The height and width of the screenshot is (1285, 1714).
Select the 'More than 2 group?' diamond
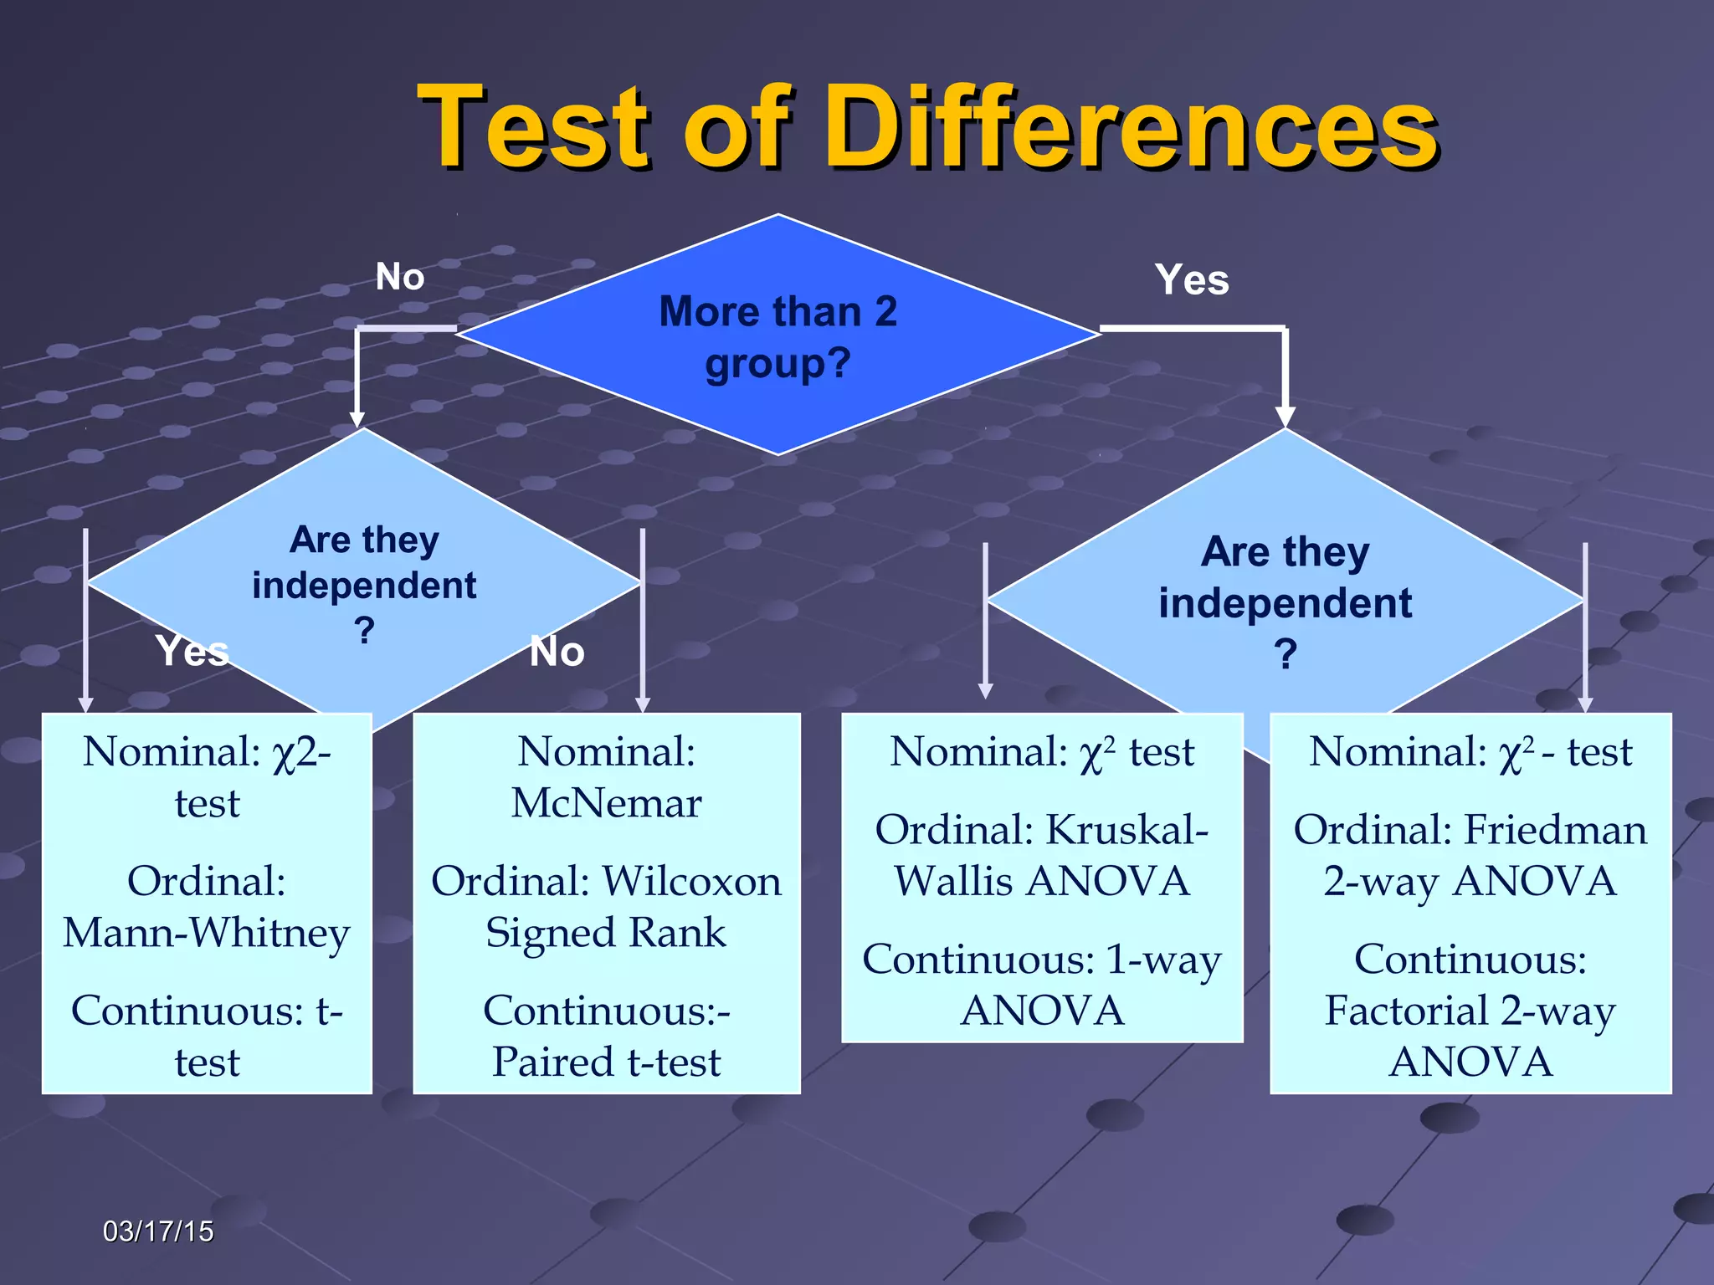(777, 335)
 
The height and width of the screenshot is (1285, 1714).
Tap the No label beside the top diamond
(400, 277)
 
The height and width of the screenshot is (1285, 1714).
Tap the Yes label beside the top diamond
(1192, 279)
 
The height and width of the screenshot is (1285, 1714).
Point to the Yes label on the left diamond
(192, 651)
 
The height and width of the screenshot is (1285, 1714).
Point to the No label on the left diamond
(557, 652)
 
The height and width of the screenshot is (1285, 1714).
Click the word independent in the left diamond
(364, 586)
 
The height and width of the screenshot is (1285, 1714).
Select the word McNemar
(606, 803)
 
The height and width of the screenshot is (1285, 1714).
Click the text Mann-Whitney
(207, 932)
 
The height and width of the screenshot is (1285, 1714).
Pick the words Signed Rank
(606, 932)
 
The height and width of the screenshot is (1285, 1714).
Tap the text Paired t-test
(606, 1062)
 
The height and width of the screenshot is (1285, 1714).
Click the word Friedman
(1555, 830)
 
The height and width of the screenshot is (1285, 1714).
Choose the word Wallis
(953, 881)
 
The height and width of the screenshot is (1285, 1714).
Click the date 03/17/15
(158, 1231)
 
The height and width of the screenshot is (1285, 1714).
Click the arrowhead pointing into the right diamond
(1285, 417)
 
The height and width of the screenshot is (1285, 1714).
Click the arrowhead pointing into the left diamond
(357, 418)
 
